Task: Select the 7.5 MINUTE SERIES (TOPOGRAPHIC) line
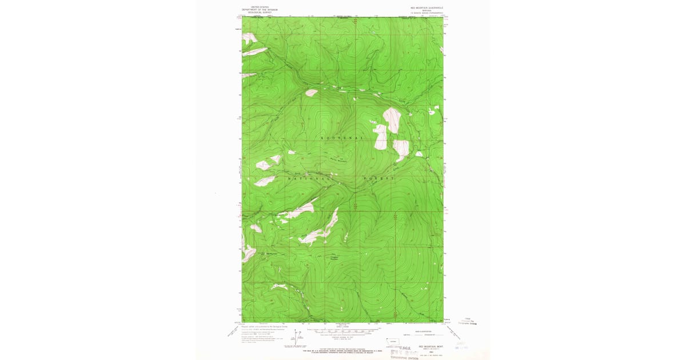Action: pos(424,13)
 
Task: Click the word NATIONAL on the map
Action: pos(309,178)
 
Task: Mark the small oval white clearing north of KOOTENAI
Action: pos(311,93)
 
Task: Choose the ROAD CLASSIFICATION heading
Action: pos(424,331)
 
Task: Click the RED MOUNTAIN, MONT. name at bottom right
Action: pos(429,346)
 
